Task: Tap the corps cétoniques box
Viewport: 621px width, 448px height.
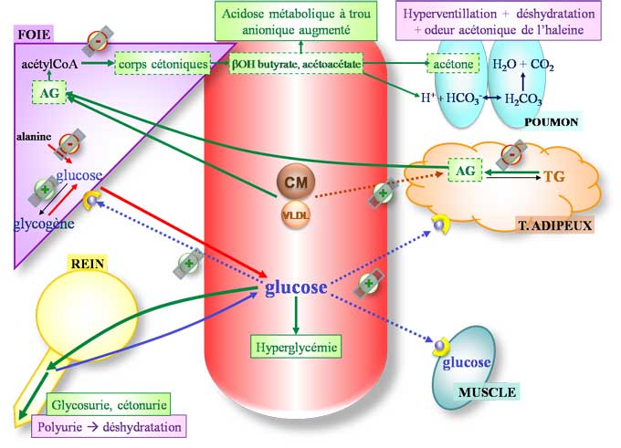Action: pyautogui.click(x=162, y=65)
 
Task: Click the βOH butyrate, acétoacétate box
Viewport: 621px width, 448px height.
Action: pyautogui.click(x=296, y=65)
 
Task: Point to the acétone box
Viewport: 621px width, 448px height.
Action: pyautogui.click(x=452, y=65)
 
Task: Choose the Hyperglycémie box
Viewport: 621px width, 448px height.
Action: pyautogui.click(x=295, y=346)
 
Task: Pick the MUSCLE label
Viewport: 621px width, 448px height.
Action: pyautogui.click(x=487, y=392)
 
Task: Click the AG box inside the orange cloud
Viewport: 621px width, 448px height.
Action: pyautogui.click(x=464, y=170)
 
